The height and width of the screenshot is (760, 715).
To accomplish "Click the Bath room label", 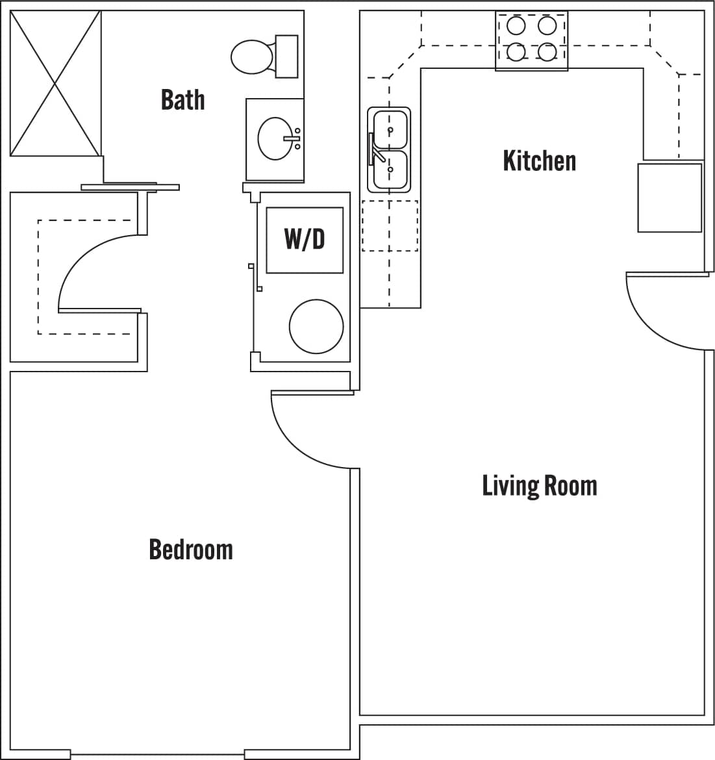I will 182,100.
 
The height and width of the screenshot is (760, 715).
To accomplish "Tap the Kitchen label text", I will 539,160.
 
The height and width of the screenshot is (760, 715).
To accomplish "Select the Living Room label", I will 539,486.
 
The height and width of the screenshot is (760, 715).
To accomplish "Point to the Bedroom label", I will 190,550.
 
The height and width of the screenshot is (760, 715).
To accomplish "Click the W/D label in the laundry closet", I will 304,239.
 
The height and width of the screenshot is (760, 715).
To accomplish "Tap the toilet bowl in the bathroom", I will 252,57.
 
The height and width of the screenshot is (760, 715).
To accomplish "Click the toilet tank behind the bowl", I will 286,57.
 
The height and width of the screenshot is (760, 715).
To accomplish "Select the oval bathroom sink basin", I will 275,138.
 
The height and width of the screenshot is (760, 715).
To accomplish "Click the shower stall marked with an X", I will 55,83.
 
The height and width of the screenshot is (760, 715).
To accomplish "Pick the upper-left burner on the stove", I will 516,26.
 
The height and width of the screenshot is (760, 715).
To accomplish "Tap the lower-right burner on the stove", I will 547,51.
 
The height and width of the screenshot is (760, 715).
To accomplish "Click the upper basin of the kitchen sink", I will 390,129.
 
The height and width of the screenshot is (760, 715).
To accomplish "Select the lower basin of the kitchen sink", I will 390,170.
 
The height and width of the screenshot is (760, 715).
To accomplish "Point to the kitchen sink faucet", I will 375,149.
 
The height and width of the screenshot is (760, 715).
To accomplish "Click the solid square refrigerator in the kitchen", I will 670,197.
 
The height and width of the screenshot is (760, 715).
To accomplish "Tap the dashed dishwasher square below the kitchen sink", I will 390,225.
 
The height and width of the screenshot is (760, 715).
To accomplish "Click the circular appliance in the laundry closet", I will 316,326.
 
